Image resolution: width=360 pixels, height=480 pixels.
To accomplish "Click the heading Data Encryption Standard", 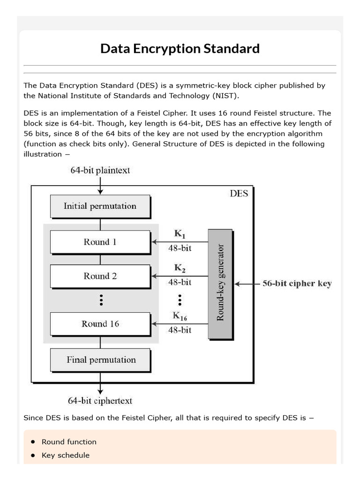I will coord(180,49).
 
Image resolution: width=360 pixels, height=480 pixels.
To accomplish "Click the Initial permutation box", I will coord(100,206).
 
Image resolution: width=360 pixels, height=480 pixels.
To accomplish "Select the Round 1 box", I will coord(100,242).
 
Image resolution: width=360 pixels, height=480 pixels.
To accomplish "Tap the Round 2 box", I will coord(100,276).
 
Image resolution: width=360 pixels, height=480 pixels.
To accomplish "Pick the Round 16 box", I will coord(100,324).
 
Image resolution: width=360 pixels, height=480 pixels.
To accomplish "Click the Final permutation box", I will coord(101,360).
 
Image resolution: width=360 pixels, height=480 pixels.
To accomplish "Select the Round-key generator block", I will coord(220,284).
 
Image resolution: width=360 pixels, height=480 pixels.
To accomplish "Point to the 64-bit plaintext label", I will coord(100,171).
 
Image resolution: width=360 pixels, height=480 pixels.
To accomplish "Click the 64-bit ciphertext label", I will coord(100,401).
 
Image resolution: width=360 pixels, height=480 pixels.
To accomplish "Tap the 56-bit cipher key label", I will coord(297,284).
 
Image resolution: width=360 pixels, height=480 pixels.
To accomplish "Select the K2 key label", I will coord(180,269).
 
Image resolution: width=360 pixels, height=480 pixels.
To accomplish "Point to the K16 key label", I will coord(180,316).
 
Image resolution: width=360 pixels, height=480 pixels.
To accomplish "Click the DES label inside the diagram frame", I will coord(239,194).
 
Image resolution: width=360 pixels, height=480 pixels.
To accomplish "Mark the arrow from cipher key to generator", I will coord(246,284).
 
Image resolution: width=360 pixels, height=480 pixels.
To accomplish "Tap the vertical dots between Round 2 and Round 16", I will coord(100,300).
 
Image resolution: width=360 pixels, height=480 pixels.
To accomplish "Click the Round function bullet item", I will coord(69,442).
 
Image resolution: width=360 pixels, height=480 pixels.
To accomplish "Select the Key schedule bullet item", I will coord(66,455).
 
